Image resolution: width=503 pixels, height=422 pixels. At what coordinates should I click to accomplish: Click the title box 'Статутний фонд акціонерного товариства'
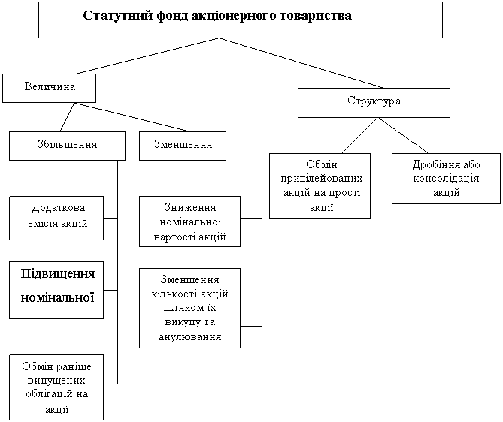pos(240,20)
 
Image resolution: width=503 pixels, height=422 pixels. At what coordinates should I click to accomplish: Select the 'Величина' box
pos(50,88)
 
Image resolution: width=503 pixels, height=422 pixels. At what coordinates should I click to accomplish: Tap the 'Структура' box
pos(374,102)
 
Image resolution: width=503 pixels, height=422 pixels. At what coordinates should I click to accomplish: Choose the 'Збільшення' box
pos(67,144)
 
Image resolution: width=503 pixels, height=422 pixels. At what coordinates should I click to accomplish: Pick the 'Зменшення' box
pos(183,144)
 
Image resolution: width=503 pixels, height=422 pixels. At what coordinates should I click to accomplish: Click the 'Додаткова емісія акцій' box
pos(56,217)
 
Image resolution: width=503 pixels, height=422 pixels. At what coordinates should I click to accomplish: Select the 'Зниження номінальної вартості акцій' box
pos(189,222)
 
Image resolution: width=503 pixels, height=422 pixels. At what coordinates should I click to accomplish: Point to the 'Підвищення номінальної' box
pos(56,291)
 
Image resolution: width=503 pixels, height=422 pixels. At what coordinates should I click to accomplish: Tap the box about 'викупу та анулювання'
pos(189,309)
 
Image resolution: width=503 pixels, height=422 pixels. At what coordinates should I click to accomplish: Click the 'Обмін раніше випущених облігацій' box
pos(56,387)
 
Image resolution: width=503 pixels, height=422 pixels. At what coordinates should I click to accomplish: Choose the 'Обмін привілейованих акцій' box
pos(320,185)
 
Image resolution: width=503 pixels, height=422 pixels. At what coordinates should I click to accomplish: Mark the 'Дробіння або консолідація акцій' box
pos(447,179)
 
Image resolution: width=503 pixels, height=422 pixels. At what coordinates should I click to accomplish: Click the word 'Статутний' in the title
pos(110,16)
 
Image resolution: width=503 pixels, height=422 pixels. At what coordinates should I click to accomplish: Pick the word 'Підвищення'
pos(56,271)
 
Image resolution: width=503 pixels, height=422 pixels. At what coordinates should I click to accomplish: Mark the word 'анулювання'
pos(189,336)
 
